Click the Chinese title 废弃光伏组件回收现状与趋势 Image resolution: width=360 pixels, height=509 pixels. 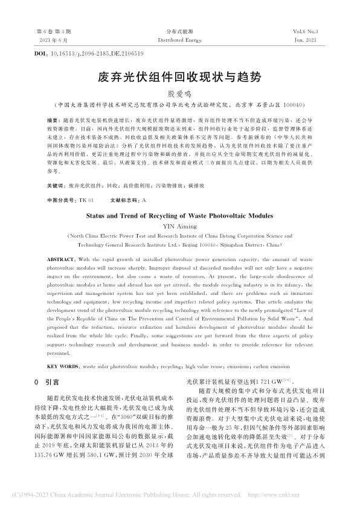coord(180,78)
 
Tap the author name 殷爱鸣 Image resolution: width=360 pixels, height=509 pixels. coord(180,93)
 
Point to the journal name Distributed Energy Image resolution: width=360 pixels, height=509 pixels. coord(180,37)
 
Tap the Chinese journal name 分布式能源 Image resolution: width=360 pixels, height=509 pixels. coord(180,30)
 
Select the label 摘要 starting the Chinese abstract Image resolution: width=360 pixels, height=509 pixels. coord(54,121)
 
